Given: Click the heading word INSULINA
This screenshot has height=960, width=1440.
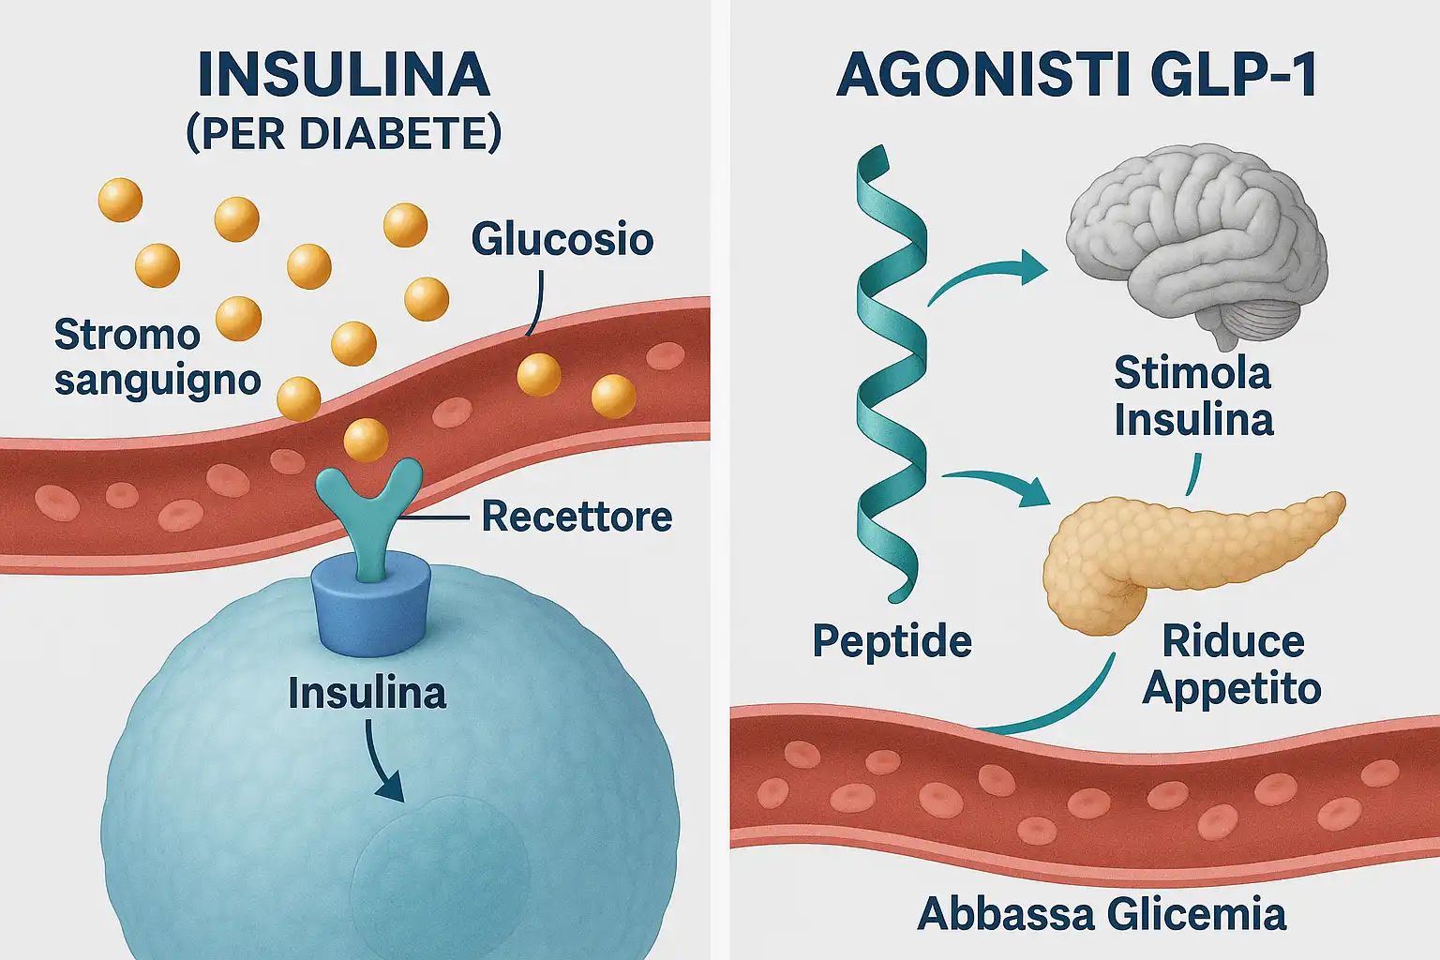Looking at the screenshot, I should pos(344,75).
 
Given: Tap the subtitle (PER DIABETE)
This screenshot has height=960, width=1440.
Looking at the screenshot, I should pos(344,134).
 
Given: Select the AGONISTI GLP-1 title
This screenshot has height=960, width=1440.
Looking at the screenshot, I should pos(1077,75).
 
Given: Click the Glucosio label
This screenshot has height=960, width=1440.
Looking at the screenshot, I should pos(562,239).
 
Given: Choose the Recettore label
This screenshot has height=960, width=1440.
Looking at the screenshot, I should pos(577,517).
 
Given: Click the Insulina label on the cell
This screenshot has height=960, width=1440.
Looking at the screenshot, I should pos(367,694).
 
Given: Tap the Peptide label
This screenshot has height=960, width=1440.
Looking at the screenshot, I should pos(892,642).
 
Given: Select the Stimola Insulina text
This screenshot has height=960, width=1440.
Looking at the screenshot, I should pos(1193,397).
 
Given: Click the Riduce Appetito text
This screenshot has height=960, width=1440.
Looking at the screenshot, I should pos(1232,665).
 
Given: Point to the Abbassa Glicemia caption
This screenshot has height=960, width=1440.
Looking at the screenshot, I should pos(1102,914).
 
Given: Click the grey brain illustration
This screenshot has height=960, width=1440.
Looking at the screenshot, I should pos(1198,244).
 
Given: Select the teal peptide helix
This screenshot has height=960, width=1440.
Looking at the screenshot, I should pos(890,375).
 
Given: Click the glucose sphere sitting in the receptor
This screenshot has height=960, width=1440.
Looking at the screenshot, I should pos(367,440).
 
